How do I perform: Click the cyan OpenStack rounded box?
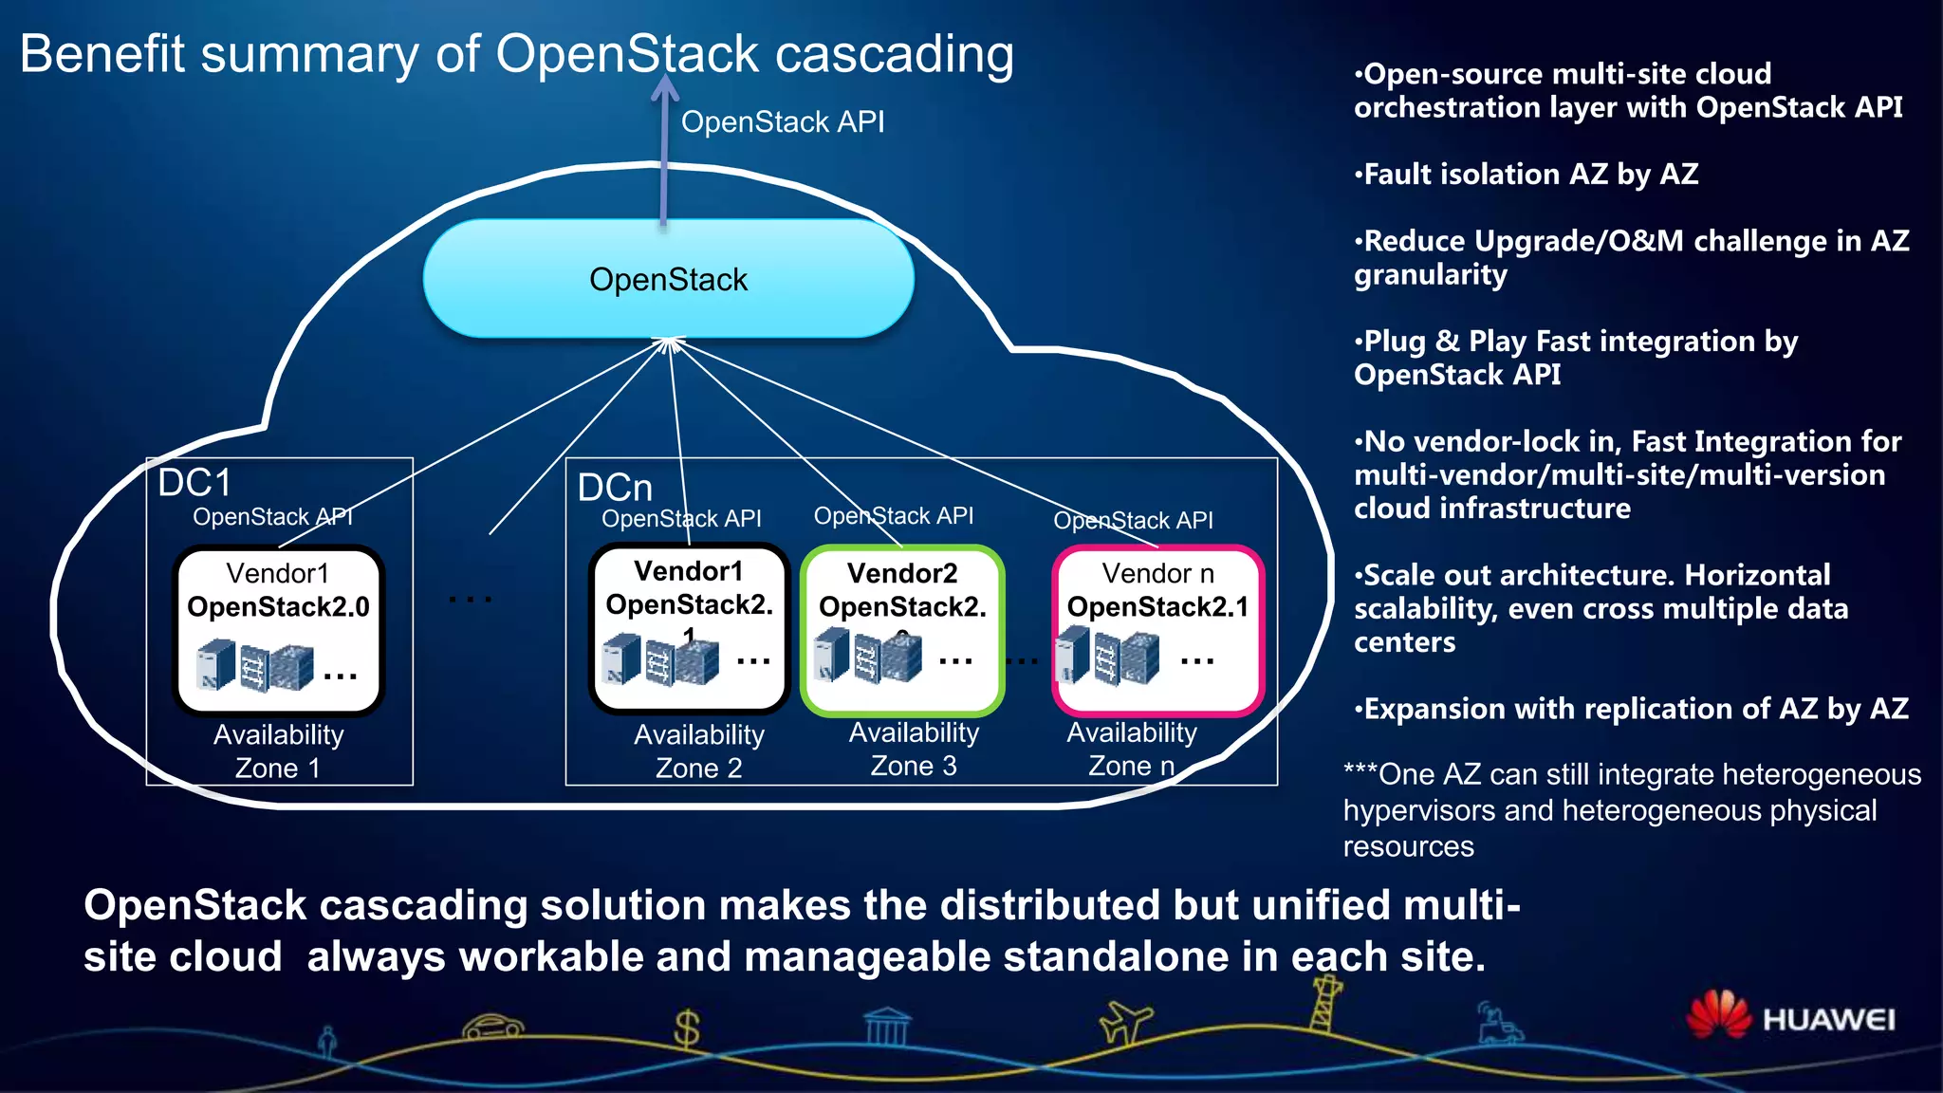tap(668, 279)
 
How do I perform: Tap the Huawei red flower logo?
tap(1718, 1014)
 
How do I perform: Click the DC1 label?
tap(194, 483)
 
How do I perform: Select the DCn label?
tap(615, 488)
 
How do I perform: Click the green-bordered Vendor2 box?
tap(902, 629)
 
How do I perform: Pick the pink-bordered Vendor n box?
tap(1157, 629)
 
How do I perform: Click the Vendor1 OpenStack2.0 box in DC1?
tap(278, 629)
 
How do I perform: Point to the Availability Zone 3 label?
tap(914, 749)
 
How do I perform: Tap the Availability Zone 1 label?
tap(278, 750)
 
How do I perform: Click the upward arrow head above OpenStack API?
tap(665, 86)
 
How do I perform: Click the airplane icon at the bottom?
tap(1125, 1023)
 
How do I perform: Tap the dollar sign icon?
tap(687, 1028)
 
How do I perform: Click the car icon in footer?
tap(492, 1027)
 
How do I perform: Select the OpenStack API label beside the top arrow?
tap(783, 122)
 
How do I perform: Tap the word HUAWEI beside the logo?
tap(1828, 1020)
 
